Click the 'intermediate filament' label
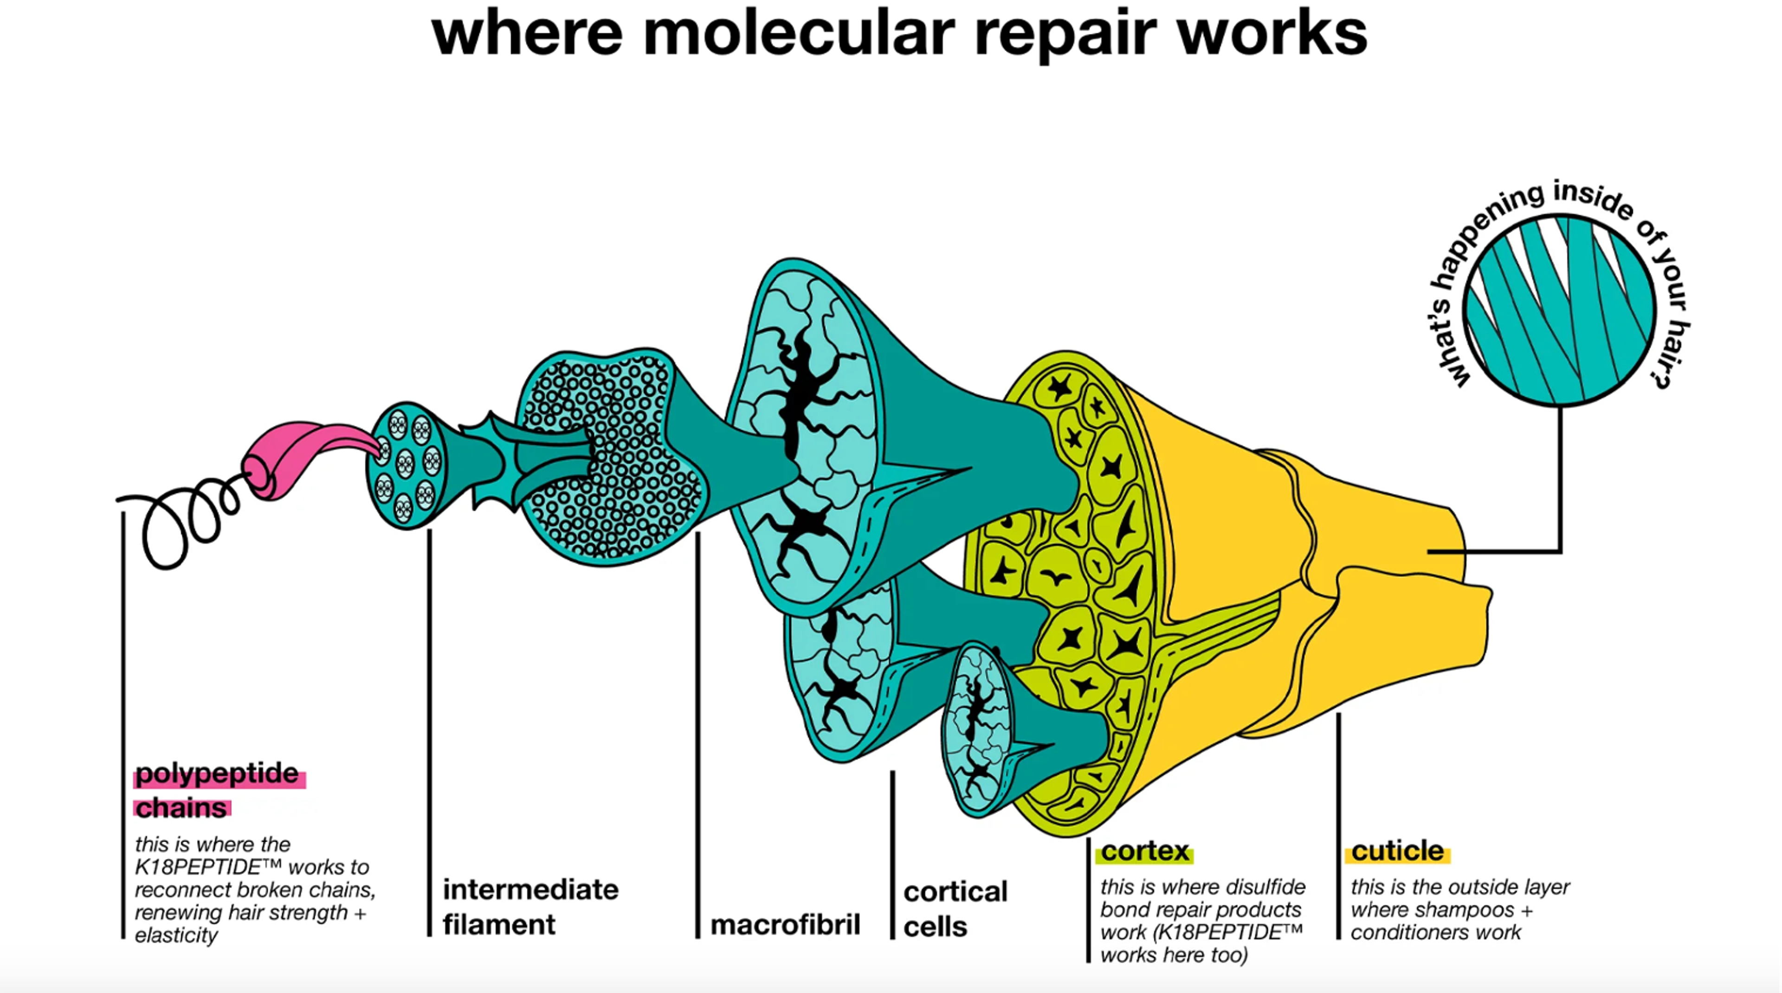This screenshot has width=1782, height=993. point(530,907)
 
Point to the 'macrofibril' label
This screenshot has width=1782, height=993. point(785,924)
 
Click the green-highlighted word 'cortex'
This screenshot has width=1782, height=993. point(1145,851)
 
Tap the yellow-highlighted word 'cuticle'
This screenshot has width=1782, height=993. point(1397,851)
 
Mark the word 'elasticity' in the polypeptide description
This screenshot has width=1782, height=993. point(176,935)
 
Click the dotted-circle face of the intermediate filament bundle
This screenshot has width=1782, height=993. point(609,457)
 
